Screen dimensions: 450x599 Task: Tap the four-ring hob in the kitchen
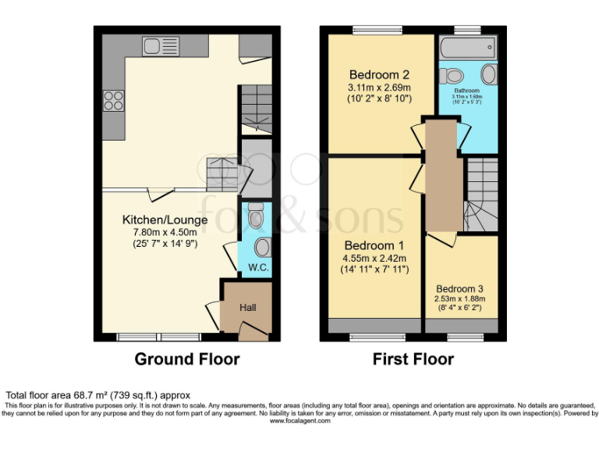[x=113, y=101]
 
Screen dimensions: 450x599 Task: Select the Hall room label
[x=248, y=308]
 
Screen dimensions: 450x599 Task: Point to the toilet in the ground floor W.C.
[x=254, y=216]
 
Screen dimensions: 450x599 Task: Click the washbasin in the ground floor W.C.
[x=262, y=247]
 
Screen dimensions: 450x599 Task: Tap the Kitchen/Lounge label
[x=165, y=220]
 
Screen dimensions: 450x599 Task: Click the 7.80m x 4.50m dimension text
[x=165, y=232]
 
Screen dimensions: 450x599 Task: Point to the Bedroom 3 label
[x=460, y=287]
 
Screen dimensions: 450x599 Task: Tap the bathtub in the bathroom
[x=468, y=46]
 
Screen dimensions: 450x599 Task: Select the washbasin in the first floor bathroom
[x=489, y=75]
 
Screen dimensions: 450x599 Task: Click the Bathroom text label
[x=467, y=90]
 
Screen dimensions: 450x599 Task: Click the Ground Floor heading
[x=187, y=359]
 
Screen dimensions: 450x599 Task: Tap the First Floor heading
[x=413, y=359]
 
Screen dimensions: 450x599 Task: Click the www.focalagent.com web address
[x=299, y=420]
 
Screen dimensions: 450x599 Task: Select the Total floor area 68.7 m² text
[x=97, y=395]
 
